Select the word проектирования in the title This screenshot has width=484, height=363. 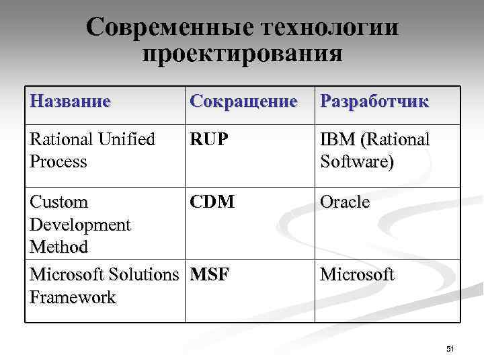coord(243,53)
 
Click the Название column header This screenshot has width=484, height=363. coord(70,102)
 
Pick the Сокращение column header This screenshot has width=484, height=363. coord(243,102)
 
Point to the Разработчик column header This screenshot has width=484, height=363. coord(374,102)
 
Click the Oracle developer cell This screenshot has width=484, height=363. coord(345,202)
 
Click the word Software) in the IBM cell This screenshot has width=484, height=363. coord(357,162)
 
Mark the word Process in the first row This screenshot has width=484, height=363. coord(59,162)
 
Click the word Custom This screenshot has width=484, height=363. coord(60,202)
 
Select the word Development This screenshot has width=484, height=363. coord(80,225)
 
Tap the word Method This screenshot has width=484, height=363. coord(59,247)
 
